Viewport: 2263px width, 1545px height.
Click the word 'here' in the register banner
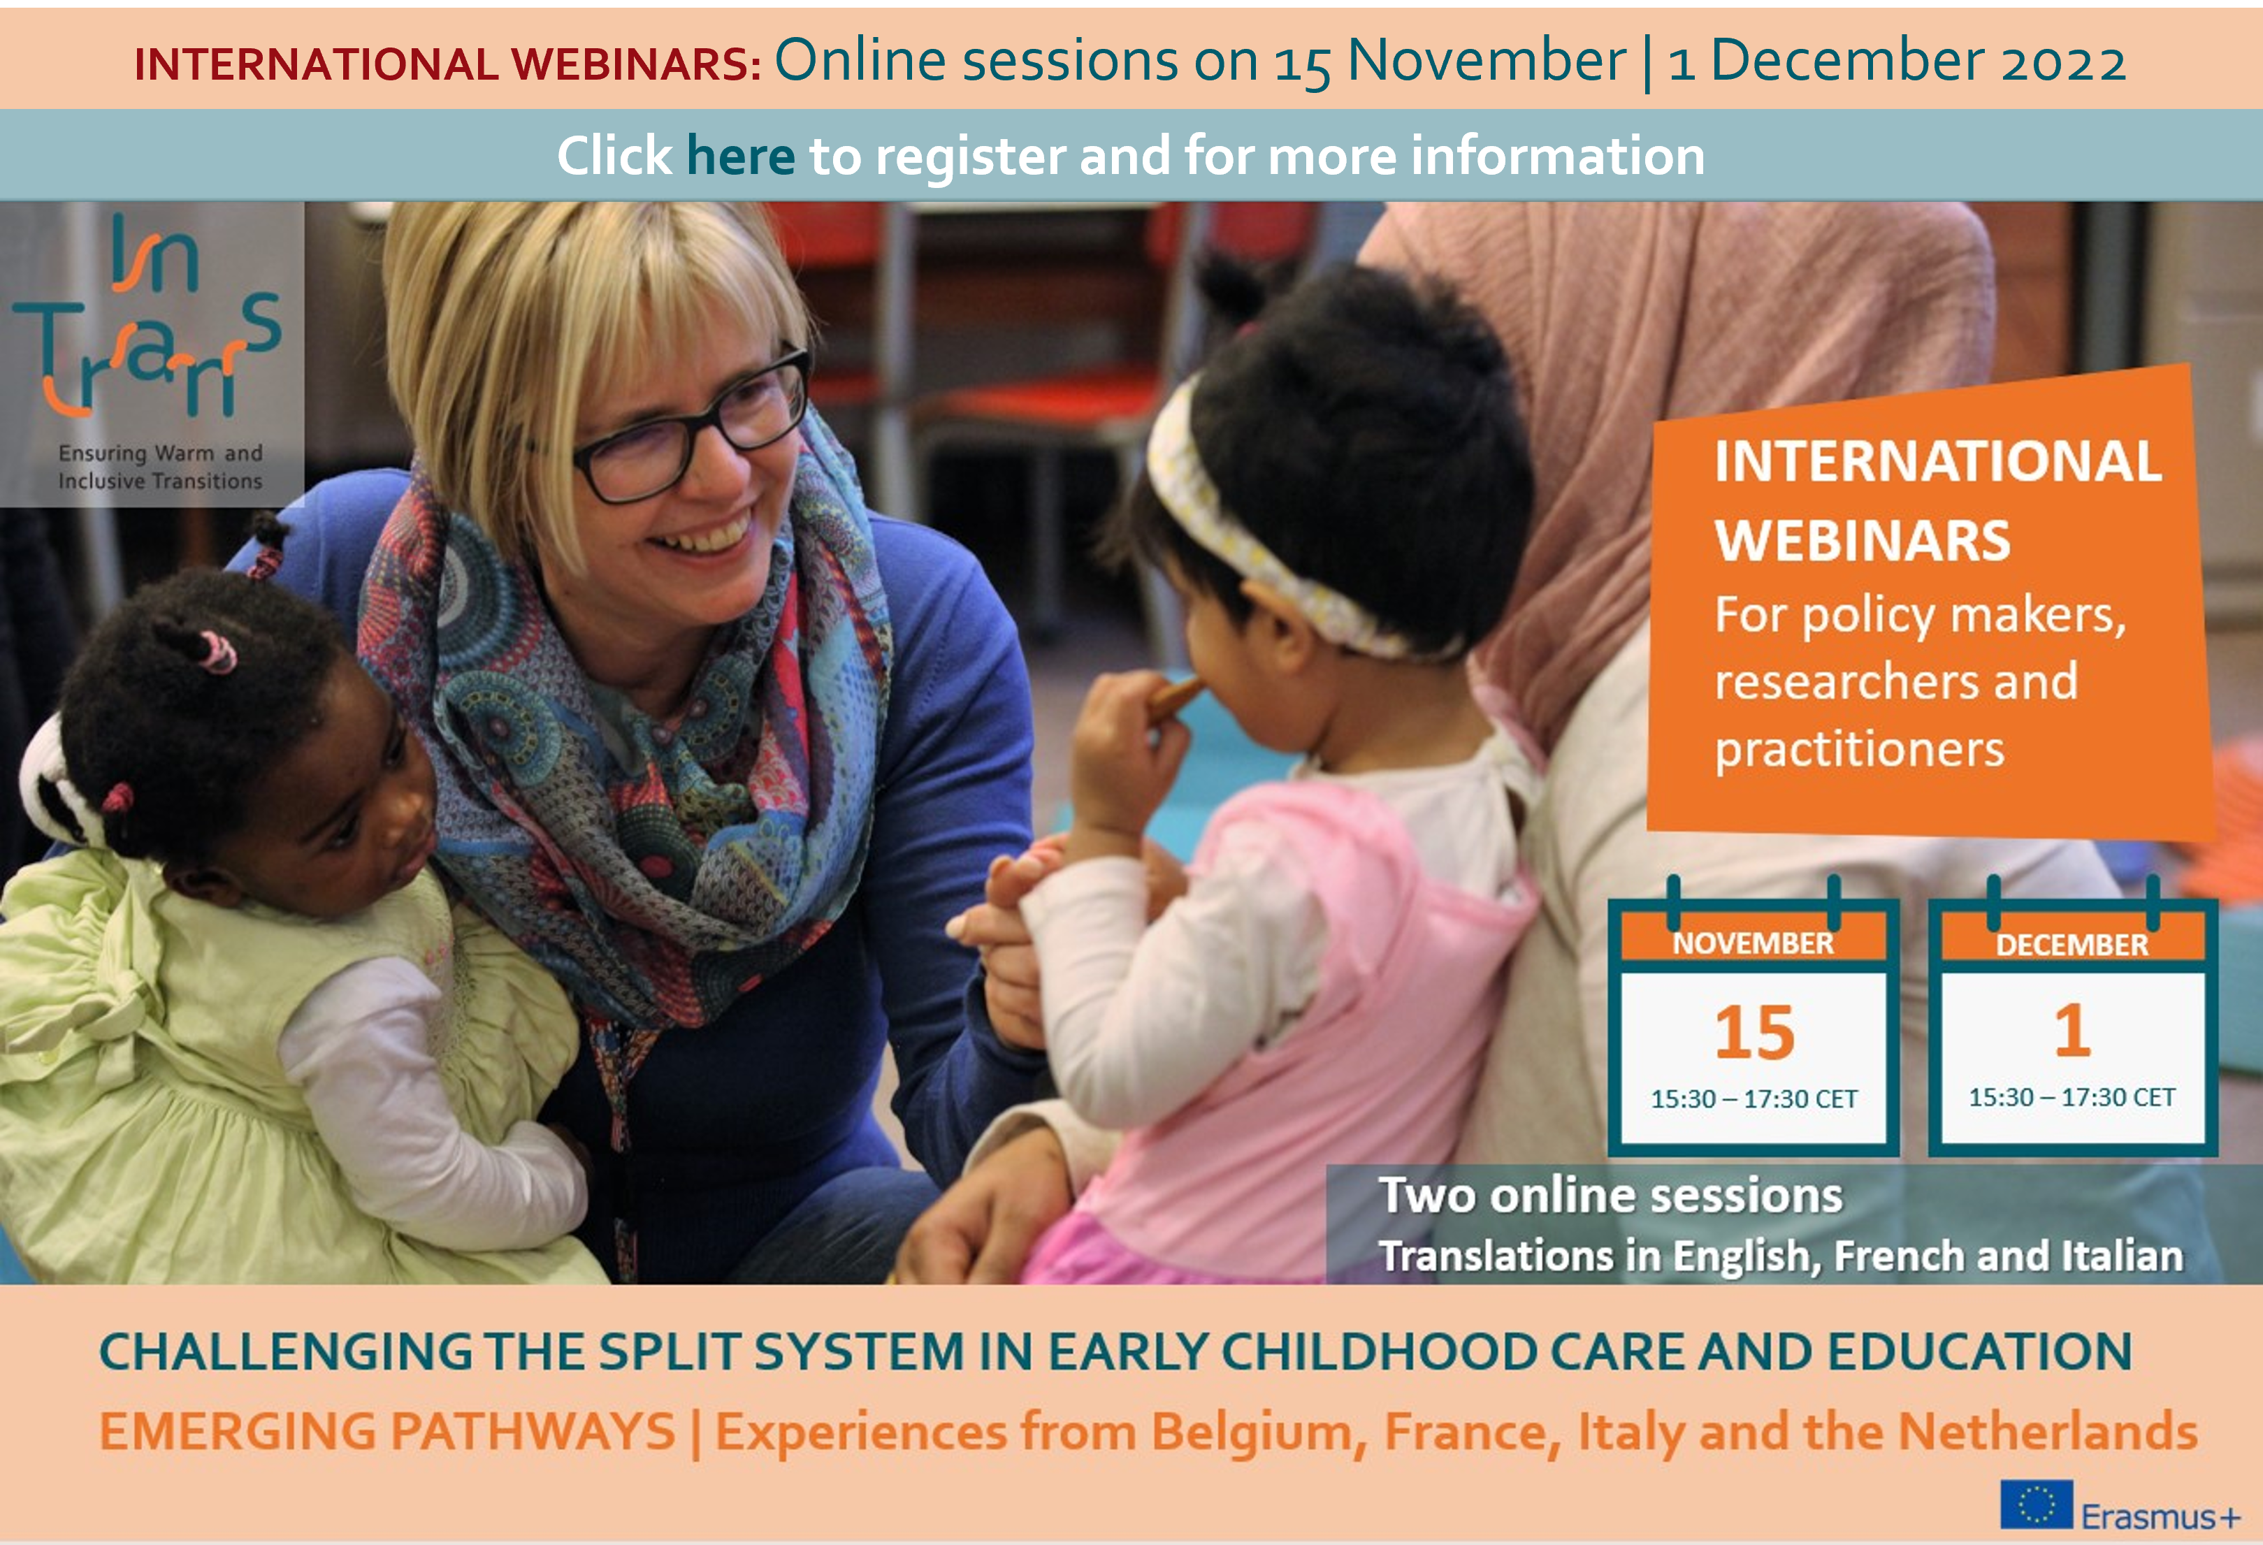click(740, 156)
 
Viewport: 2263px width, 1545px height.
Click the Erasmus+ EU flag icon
click(2035, 1505)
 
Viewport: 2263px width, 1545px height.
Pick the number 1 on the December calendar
click(2072, 1030)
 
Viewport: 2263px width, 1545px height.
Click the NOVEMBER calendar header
click(1753, 943)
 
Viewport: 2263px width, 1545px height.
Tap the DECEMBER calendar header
click(2072, 944)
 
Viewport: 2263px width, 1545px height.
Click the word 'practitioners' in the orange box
click(1859, 750)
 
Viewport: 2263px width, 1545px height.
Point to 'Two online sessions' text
click(1610, 1196)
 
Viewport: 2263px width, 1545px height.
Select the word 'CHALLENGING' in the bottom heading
click(285, 1352)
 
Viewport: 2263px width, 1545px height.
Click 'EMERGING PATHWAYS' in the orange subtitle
click(388, 1432)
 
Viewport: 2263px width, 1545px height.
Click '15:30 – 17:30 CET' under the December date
click(2072, 1097)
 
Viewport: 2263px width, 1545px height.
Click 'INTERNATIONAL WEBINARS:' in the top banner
click(448, 64)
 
